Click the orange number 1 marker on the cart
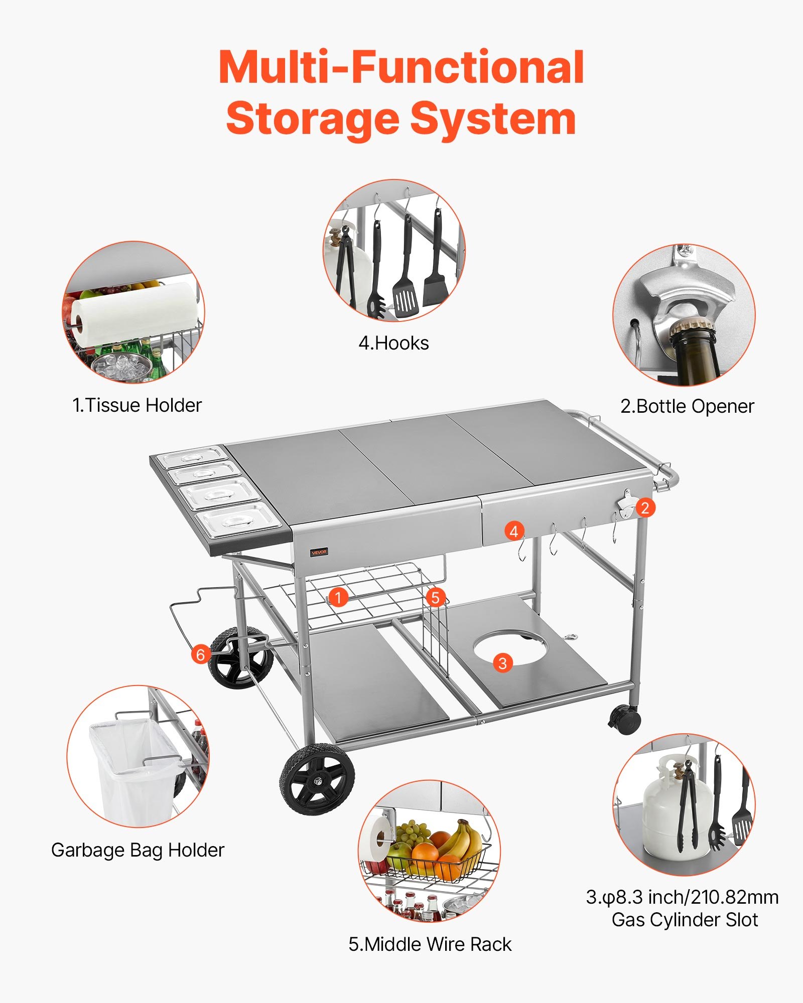(x=338, y=597)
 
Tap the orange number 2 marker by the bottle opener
(x=645, y=508)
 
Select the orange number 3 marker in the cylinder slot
(x=502, y=663)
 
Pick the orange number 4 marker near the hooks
(x=514, y=531)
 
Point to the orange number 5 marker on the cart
(x=435, y=597)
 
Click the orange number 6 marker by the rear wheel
(x=201, y=654)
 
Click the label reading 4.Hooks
(x=393, y=344)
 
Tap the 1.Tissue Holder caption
(x=137, y=405)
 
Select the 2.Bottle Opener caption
(x=687, y=406)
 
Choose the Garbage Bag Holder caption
(x=138, y=850)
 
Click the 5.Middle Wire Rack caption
(x=430, y=944)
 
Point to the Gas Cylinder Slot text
(x=685, y=920)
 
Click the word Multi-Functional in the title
(x=401, y=68)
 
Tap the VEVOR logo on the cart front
(x=319, y=552)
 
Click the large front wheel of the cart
(x=317, y=779)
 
